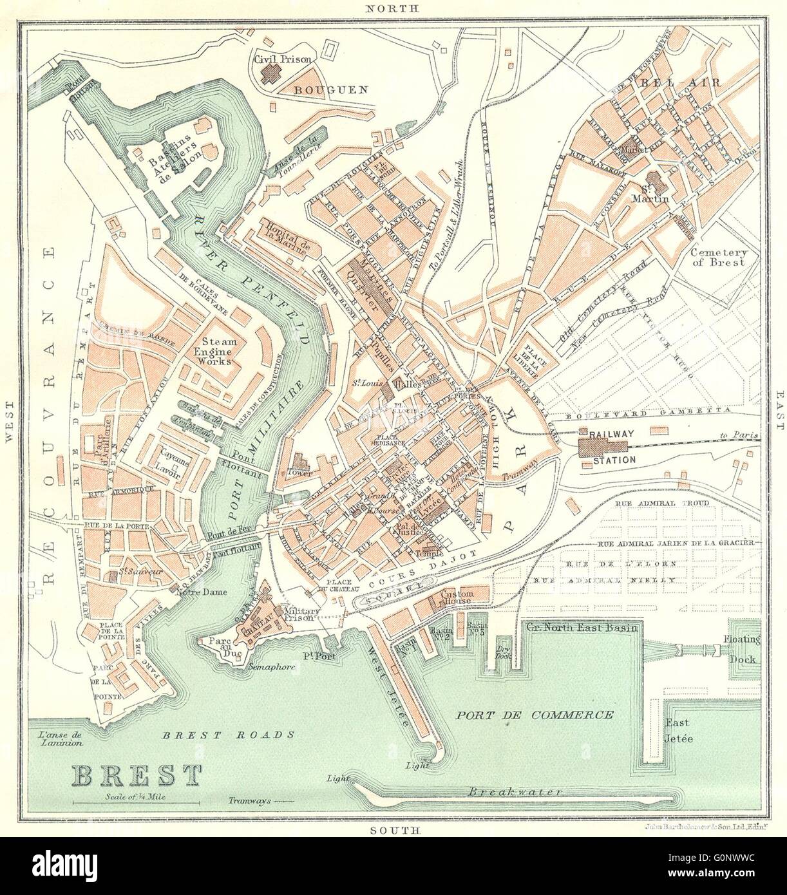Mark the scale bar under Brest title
click(x=137, y=802)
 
